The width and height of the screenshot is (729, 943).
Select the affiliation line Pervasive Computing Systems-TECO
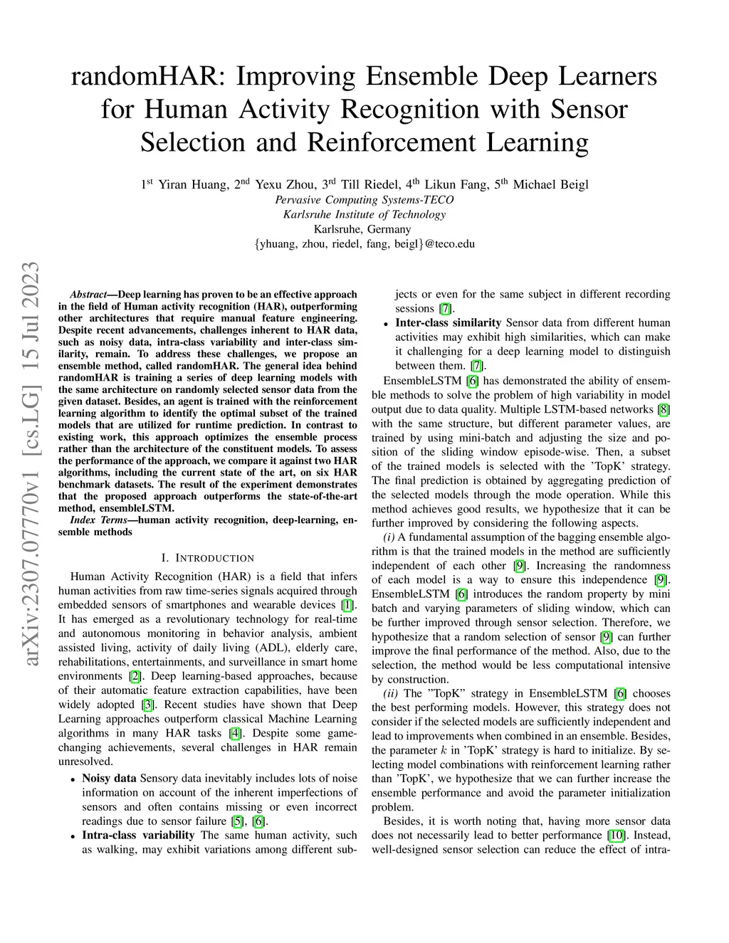pos(364,199)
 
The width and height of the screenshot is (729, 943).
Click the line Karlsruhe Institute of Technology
pos(364,214)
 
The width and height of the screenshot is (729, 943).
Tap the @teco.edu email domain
pos(449,243)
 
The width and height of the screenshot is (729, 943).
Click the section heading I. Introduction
pos(207,558)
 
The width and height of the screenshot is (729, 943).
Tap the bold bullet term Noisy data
pos(109,779)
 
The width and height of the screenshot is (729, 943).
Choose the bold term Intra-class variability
pos(138,836)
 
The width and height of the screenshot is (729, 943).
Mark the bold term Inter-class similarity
pos(449,323)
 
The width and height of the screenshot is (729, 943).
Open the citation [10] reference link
pos(616,836)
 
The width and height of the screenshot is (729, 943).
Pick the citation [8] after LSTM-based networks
pos(664,409)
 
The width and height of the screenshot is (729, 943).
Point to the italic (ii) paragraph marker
pos(391,693)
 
